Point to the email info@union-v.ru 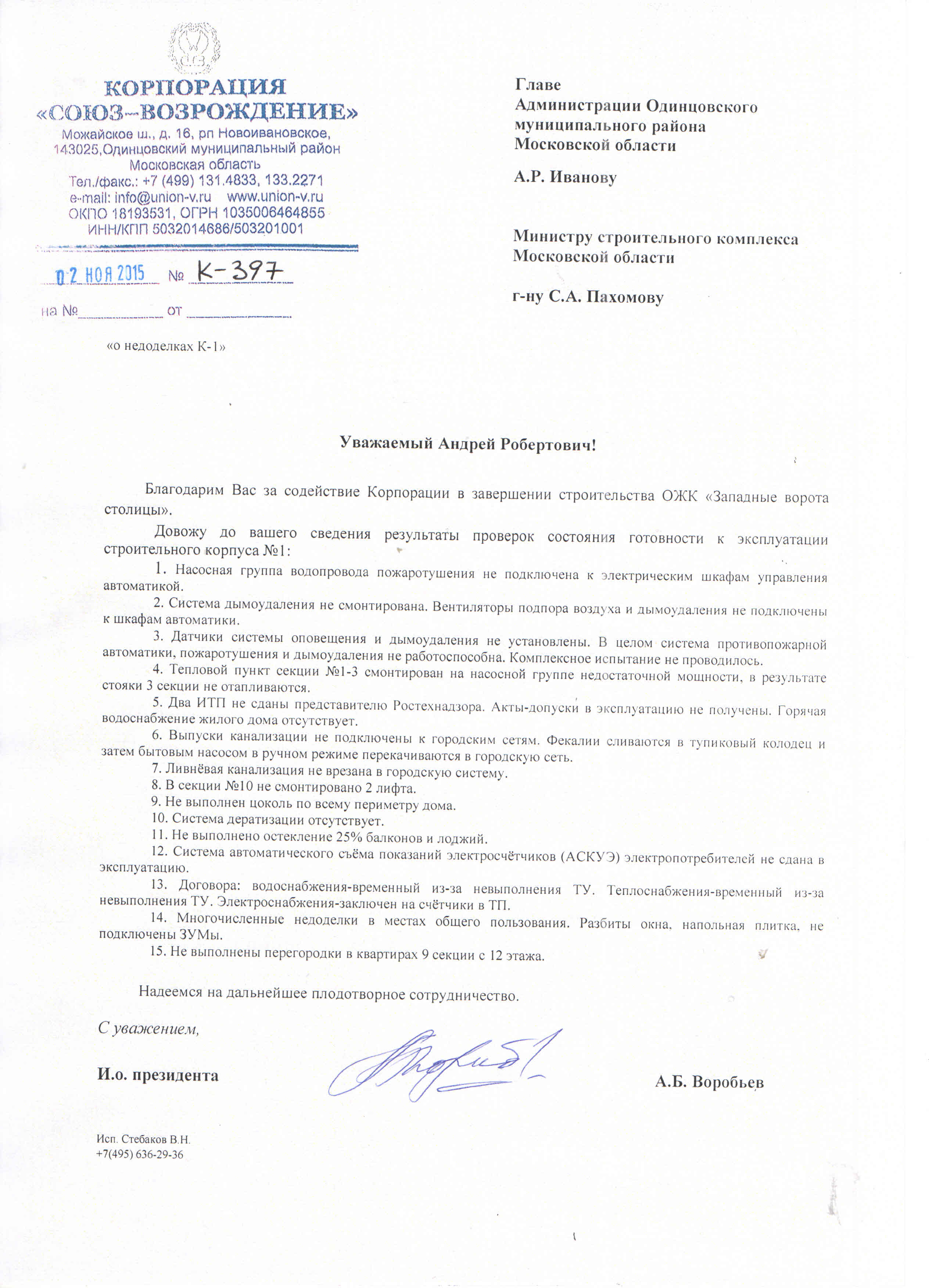pos(140,197)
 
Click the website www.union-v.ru pos(275,197)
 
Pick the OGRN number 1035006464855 pos(274,213)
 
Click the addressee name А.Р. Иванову pos(565,177)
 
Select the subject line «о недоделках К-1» pos(166,346)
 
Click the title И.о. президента pos(158,1075)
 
